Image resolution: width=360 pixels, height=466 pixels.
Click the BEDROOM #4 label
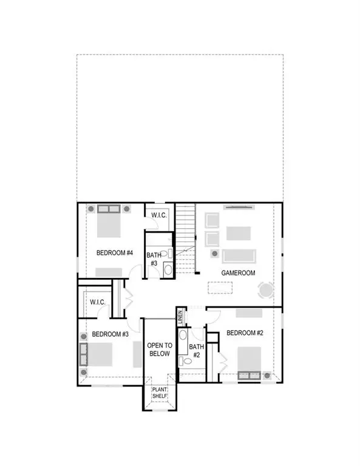(x=114, y=252)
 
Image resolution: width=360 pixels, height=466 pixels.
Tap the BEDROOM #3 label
(x=110, y=334)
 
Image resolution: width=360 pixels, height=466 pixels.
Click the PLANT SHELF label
(x=160, y=394)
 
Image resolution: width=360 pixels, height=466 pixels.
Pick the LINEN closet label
(x=180, y=317)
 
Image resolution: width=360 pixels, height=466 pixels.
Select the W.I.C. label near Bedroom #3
(x=98, y=302)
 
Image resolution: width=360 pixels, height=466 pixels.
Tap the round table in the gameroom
(x=266, y=291)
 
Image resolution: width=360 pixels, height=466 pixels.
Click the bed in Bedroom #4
(x=109, y=221)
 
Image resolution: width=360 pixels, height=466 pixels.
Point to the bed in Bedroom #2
(x=250, y=362)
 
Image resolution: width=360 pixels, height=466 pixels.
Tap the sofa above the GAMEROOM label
(x=238, y=255)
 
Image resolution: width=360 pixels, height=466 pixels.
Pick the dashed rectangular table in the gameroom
(x=222, y=287)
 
